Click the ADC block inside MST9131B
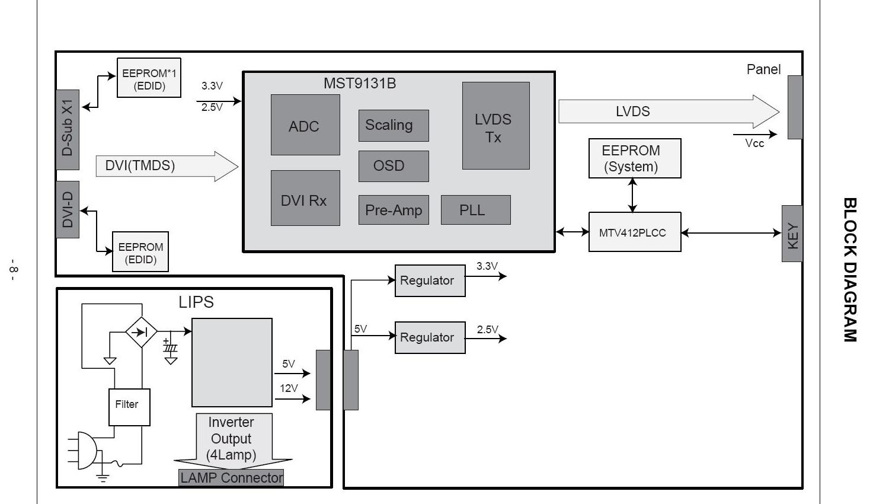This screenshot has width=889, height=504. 305,125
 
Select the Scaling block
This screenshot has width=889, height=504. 393,125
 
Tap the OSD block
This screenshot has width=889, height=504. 393,166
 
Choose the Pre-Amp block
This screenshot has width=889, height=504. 393,210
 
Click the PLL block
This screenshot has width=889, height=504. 475,210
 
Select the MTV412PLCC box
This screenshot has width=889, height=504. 634,232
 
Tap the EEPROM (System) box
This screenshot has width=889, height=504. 634,158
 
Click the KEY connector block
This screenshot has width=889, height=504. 792,234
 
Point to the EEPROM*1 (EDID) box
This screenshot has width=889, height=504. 149,78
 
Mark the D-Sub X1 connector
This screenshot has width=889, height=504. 68,130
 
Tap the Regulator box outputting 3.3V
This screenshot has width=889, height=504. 430,280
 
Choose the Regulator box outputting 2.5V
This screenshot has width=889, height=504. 430,337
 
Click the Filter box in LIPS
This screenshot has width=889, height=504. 129,407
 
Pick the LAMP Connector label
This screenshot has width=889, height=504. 231,478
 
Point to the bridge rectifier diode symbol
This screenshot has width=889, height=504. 142,332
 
